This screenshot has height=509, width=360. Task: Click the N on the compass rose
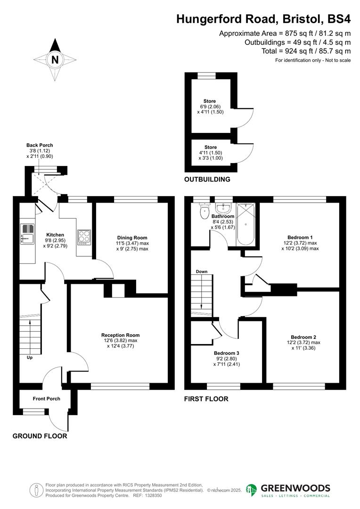[x=55, y=60]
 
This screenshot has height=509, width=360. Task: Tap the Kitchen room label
[x=55, y=235]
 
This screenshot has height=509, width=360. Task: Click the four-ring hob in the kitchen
[x=84, y=236]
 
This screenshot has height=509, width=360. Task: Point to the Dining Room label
[x=132, y=238]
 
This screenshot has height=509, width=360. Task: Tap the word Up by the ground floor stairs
[x=29, y=357]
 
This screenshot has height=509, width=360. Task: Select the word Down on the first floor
[x=202, y=271]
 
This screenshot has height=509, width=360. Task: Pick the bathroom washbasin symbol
[x=223, y=208]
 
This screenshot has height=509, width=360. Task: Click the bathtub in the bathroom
[x=246, y=224]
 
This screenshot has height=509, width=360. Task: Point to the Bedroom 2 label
[x=303, y=337]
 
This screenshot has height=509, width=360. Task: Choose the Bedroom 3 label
[x=226, y=353]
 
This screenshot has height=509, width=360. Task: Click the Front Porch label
[x=46, y=399]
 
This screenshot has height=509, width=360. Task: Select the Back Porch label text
[x=40, y=145]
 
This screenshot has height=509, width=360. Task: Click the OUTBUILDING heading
[x=207, y=180]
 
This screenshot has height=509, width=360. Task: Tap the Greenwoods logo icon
[x=252, y=490]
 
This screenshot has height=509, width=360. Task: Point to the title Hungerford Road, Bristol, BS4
[x=263, y=19]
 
